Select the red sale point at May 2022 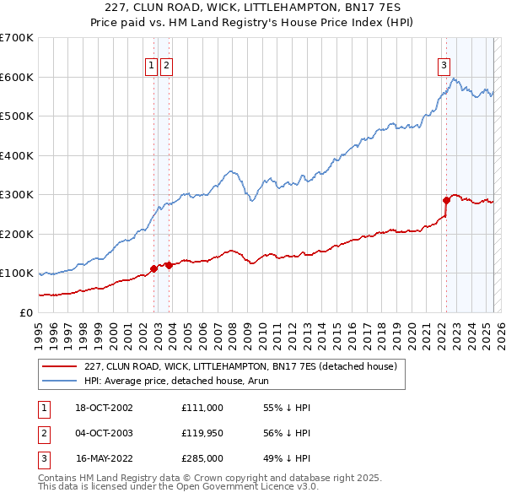[446, 200]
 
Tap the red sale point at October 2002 [154, 268]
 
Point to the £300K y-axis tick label [17, 195]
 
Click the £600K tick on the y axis [17, 77]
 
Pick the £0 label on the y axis [25, 312]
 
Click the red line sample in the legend [61, 366]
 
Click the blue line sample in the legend [61, 381]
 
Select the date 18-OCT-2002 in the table [105, 408]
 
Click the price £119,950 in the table [202, 433]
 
